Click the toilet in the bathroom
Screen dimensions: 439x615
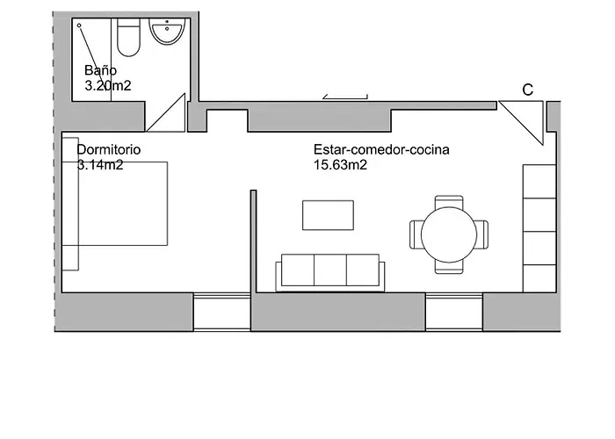(128, 36)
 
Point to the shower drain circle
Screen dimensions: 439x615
(79, 25)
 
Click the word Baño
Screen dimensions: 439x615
(100, 70)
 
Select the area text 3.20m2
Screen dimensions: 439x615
(108, 86)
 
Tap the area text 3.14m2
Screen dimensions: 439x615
(99, 164)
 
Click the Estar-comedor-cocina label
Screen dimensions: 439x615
(381, 149)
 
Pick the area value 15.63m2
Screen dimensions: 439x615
(340, 164)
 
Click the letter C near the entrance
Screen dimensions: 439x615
(527, 90)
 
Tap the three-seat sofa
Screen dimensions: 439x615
(329, 271)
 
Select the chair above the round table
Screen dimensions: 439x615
(448, 203)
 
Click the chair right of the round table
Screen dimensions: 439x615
(481, 234)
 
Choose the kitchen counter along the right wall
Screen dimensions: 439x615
(539, 227)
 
